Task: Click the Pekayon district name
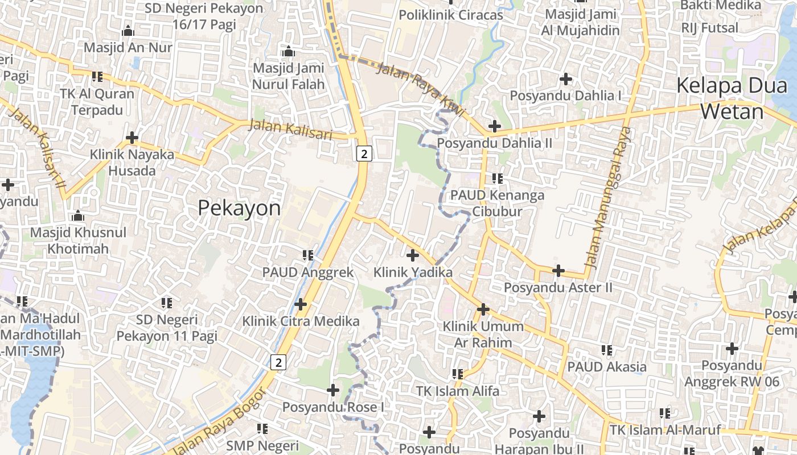pyautogui.click(x=239, y=208)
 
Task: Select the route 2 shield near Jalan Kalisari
pyautogui.click(x=365, y=153)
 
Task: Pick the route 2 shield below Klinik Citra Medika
pyautogui.click(x=277, y=362)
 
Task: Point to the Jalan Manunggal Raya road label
pyautogui.click(x=609, y=198)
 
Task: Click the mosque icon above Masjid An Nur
pyautogui.click(x=128, y=30)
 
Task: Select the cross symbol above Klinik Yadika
pyautogui.click(x=413, y=255)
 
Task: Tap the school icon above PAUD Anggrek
pyautogui.click(x=308, y=255)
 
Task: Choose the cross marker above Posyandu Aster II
pyautogui.click(x=558, y=271)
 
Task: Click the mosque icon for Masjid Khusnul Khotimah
pyautogui.click(x=78, y=216)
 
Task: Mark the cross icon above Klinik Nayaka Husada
pyautogui.click(x=132, y=138)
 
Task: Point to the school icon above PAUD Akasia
pyautogui.click(x=607, y=350)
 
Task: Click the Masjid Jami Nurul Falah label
pyautogui.click(x=289, y=76)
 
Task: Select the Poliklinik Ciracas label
pyautogui.click(x=451, y=15)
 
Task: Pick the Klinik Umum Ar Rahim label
pyautogui.click(x=483, y=334)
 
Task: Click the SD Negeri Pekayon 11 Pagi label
pyautogui.click(x=167, y=328)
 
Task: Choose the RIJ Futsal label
pyautogui.click(x=709, y=27)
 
